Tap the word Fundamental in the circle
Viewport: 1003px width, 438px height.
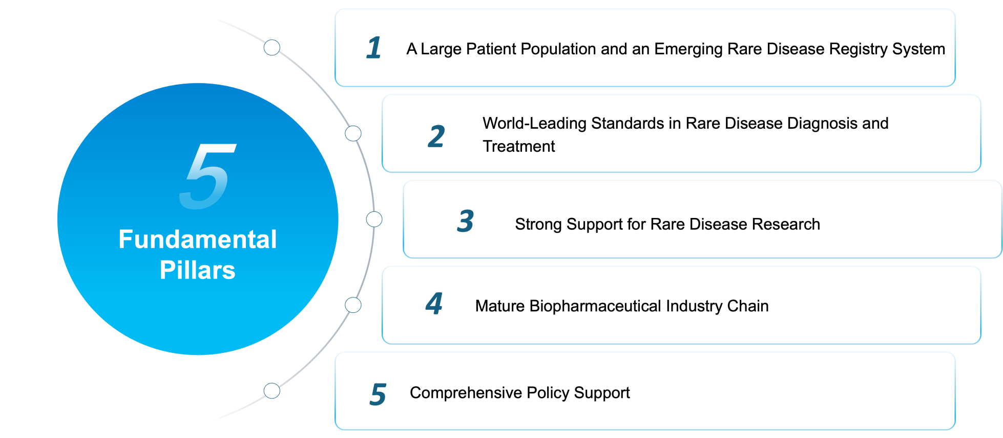click(x=198, y=240)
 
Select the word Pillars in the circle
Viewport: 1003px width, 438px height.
click(x=198, y=270)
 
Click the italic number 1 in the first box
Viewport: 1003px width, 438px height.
click(x=374, y=48)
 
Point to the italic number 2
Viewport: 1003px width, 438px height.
click(x=436, y=136)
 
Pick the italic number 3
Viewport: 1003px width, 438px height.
click(x=465, y=222)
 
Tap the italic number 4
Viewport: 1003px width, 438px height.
click(x=434, y=304)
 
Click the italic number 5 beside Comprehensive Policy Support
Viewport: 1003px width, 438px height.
click(x=378, y=394)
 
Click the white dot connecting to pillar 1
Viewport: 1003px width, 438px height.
click(x=272, y=48)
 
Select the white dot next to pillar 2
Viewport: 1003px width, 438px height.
click(x=353, y=133)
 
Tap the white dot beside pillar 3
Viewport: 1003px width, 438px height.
click(x=374, y=220)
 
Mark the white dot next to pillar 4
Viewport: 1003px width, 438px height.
click(x=353, y=305)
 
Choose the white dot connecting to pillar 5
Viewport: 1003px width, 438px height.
click(x=272, y=391)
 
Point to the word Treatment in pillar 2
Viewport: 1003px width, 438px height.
click(x=518, y=147)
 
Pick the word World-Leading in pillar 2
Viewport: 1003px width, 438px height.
click(x=534, y=124)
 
